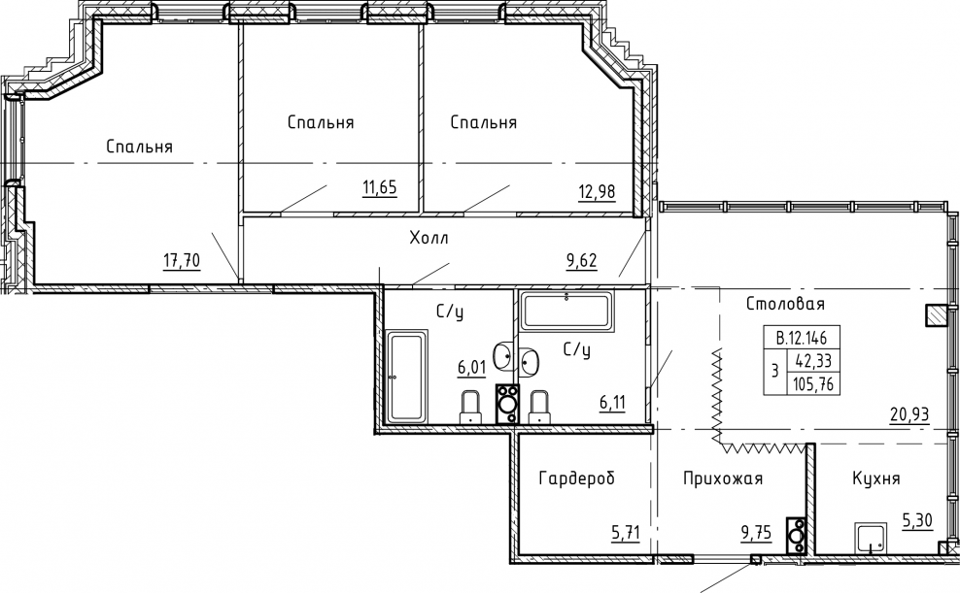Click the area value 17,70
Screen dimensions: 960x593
click(182, 262)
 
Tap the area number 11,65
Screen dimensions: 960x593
click(380, 187)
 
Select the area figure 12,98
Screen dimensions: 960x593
click(597, 192)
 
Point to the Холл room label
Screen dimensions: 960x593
click(429, 238)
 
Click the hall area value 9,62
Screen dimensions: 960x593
click(581, 262)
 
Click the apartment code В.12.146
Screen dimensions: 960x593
click(802, 338)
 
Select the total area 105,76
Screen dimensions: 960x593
click(813, 384)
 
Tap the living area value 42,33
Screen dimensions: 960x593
click(813, 361)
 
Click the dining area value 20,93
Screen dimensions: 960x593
click(909, 415)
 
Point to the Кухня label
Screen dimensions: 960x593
click(876, 478)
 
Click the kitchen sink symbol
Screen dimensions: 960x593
click(871, 538)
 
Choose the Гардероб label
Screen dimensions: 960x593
click(576, 478)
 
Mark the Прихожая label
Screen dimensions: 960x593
click(723, 478)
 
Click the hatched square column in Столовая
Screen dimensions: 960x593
click(935, 315)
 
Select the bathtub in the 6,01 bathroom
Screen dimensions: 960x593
click(406, 376)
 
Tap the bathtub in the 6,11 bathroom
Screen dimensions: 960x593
click(566, 312)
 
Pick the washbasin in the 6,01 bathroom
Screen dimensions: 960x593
click(504, 354)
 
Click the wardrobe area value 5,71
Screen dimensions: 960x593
click(625, 533)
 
